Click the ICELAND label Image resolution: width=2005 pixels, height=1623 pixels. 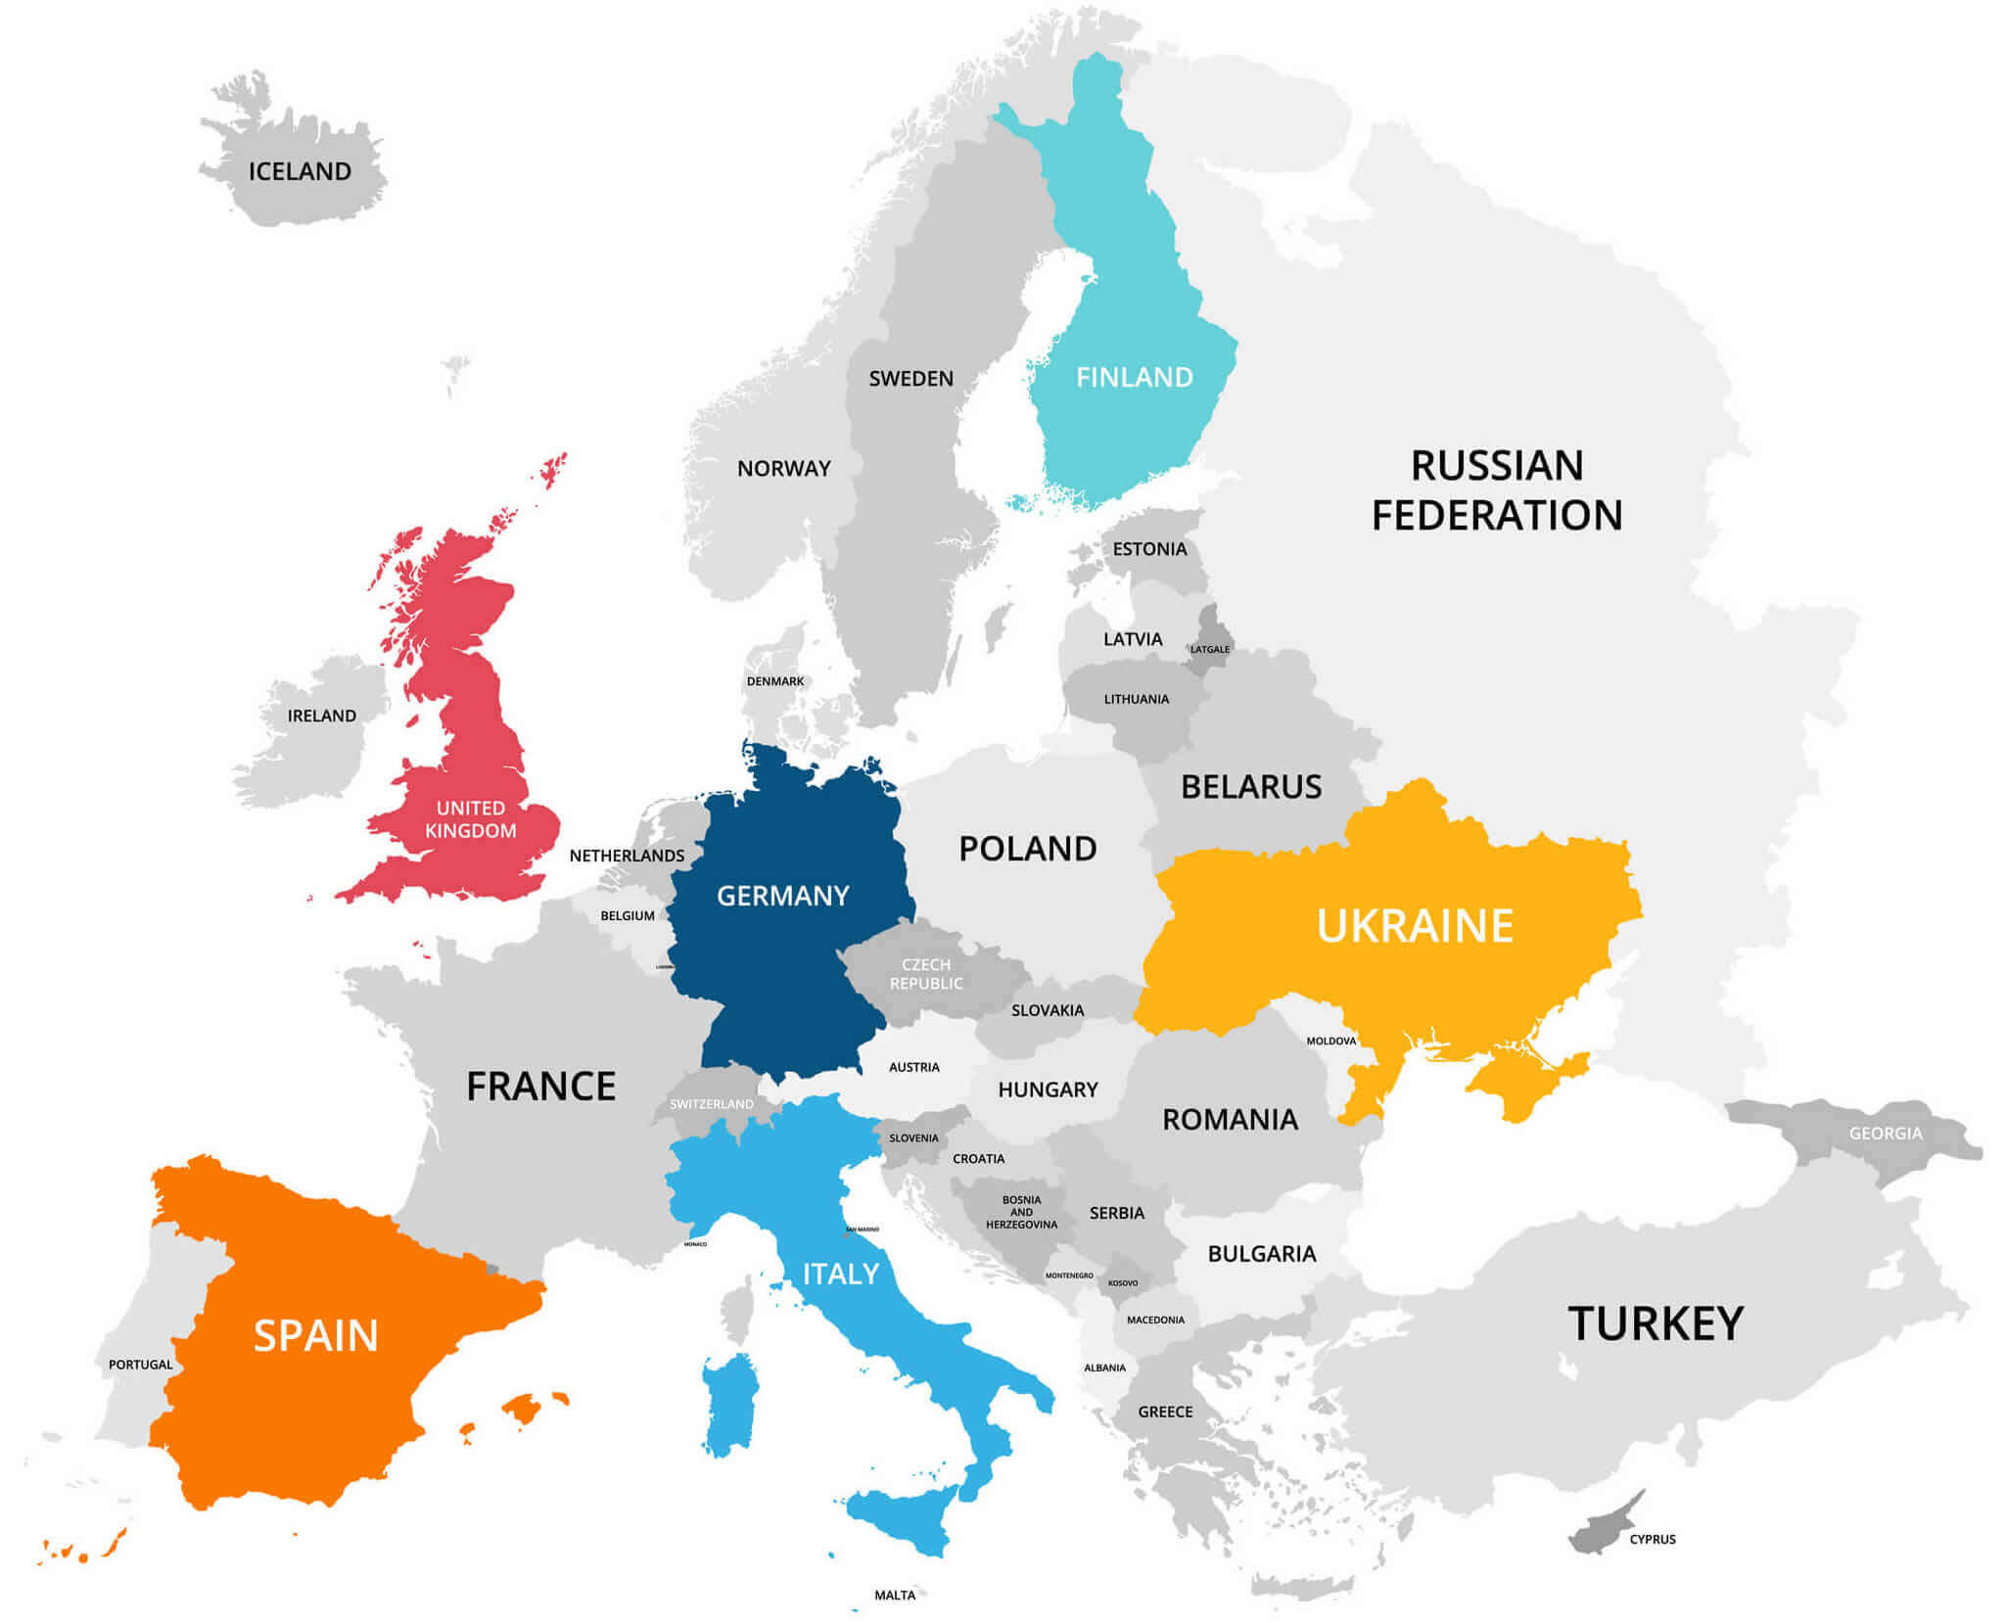click(300, 171)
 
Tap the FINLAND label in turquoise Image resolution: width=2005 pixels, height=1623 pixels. click(1135, 377)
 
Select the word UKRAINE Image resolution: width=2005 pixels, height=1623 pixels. click(1415, 926)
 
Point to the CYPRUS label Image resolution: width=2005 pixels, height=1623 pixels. click(1653, 1539)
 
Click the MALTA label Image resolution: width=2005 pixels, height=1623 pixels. click(895, 1595)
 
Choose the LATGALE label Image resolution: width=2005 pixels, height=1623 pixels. click(1210, 649)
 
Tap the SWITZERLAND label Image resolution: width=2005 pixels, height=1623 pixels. click(712, 1104)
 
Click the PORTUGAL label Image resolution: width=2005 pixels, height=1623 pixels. click(140, 1365)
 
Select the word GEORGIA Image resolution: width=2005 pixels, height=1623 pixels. click(1886, 1134)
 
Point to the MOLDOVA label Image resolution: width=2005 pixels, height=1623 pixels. click(1331, 1041)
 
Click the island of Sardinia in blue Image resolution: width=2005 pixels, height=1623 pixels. click(729, 1405)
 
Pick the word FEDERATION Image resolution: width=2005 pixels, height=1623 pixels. click(1497, 516)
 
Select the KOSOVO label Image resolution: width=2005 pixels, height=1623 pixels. click(1123, 1283)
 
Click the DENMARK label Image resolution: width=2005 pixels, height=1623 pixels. click(774, 681)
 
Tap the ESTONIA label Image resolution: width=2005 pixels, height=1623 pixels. click(1149, 549)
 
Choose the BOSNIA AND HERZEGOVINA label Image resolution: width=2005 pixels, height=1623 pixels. click(1021, 1212)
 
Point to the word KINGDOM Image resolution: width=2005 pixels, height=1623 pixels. click(470, 831)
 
